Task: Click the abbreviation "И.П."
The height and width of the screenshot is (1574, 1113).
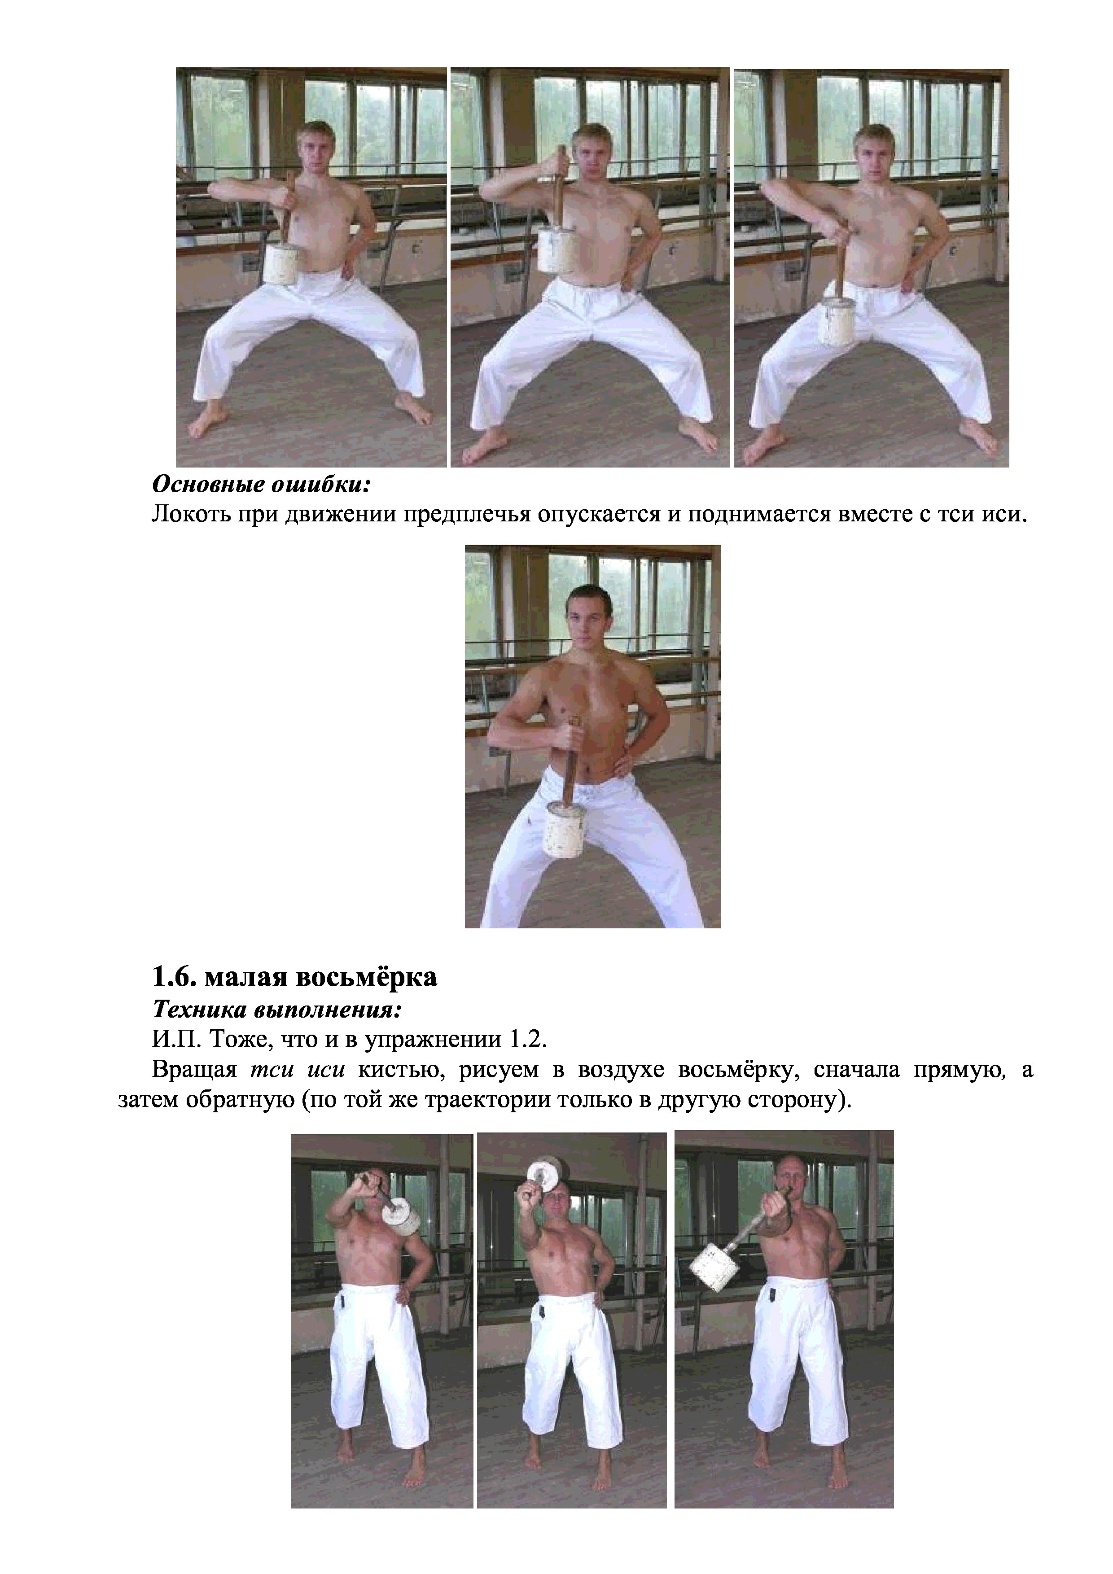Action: pyautogui.click(x=176, y=1040)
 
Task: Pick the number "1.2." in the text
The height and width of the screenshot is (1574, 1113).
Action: pyautogui.click(x=527, y=1040)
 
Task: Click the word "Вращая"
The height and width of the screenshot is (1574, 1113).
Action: pyautogui.click(x=194, y=1071)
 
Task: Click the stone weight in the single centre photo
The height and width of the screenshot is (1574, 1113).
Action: pyautogui.click(x=565, y=830)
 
